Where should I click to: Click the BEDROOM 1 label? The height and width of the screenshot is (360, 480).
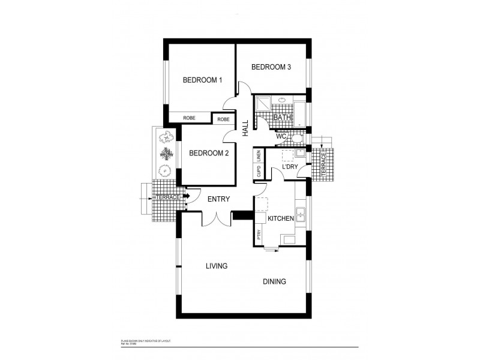pyautogui.click(x=202, y=80)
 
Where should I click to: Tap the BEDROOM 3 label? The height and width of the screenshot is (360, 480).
pyautogui.click(x=271, y=67)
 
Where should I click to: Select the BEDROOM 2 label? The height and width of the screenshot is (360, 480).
pyautogui.click(x=209, y=153)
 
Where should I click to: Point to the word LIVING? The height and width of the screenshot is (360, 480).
pyautogui.click(x=216, y=266)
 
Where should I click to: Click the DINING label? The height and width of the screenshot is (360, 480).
pyautogui.click(x=274, y=281)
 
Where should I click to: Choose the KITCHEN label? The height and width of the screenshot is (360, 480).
pyautogui.click(x=280, y=219)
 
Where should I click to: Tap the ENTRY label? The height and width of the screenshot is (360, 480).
pyautogui.click(x=219, y=199)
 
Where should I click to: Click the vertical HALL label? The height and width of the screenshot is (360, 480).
pyautogui.click(x=245, y=128)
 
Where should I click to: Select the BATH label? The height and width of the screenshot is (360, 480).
pyautogui.click(x=282, y=118)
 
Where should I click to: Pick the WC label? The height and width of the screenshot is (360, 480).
pyautogui.click(x=281, y=137)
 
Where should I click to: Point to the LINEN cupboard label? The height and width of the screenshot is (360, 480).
pyautogui.click(x=259, y=156)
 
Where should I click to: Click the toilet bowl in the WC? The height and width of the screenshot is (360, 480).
pyautogui.click(x=296, y=139)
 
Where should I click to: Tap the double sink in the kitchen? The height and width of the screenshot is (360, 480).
pyautogui.click(x=303, y=217)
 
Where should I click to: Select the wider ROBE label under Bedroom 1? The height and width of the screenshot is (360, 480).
pyautogui.click(x=188, y=118)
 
